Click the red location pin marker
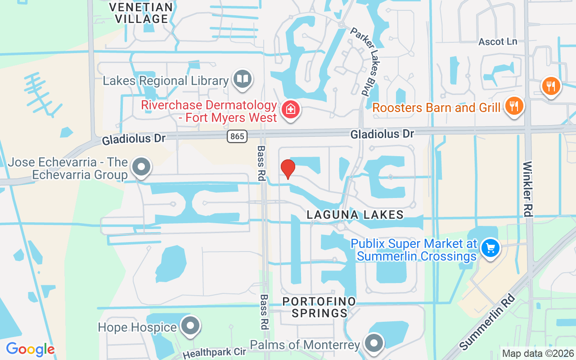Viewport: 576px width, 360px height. (288, 169)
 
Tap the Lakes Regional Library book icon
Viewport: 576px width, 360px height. (243, 80)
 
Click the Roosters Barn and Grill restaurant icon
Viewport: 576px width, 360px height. (513, 106)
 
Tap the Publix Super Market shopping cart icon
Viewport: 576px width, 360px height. (490, 248)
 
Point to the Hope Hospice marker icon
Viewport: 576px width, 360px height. (190, 325)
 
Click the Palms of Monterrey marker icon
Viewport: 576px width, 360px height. (373, 343)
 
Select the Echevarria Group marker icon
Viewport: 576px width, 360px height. (142, 166)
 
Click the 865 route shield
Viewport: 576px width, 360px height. (237, 136)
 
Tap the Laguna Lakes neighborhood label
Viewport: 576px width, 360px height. (355, 215)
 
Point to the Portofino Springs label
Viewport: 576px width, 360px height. (319, 306)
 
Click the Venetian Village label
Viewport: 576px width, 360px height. (141, 13)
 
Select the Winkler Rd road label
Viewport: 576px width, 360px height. (528, 189)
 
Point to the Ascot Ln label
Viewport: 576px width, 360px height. (498, 41)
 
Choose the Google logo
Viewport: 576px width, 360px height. (30, 349)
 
